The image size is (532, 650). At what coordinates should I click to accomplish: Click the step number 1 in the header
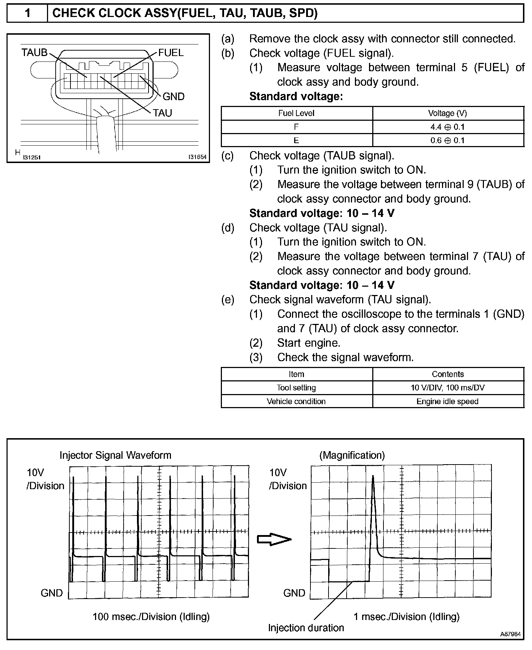coord(27,13)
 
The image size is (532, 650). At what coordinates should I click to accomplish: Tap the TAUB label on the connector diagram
coord(34,53)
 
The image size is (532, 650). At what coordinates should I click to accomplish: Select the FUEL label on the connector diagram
coord(171,53)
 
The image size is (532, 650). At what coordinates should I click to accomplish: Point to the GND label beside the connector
coord(173,97)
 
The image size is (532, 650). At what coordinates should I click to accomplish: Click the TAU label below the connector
coord(162,113)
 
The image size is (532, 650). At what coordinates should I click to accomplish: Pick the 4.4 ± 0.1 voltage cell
coord(447,127)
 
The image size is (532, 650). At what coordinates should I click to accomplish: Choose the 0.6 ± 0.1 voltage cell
coord(447,140)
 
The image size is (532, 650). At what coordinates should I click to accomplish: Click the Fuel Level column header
coord(296,113)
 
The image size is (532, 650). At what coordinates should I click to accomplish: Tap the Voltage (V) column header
coord(447,113)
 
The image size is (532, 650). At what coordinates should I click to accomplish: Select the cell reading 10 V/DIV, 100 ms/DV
coord(447,388)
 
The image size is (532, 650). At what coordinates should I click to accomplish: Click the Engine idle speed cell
coord(447,401)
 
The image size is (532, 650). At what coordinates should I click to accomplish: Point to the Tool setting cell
coord(296,388)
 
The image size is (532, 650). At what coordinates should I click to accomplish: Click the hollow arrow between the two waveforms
coord(274,539)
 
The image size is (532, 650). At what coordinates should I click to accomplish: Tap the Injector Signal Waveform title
coord(115,455)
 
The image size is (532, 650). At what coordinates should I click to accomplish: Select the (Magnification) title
coord(352,455)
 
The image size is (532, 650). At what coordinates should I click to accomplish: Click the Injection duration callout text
coord(306,628)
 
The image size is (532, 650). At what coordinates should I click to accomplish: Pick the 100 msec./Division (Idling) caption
coord(151,616)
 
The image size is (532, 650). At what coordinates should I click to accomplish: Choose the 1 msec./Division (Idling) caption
coord(406,616)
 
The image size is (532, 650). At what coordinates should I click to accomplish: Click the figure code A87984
coord(510,634)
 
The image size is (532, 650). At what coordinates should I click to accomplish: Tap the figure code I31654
coord(197,157)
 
